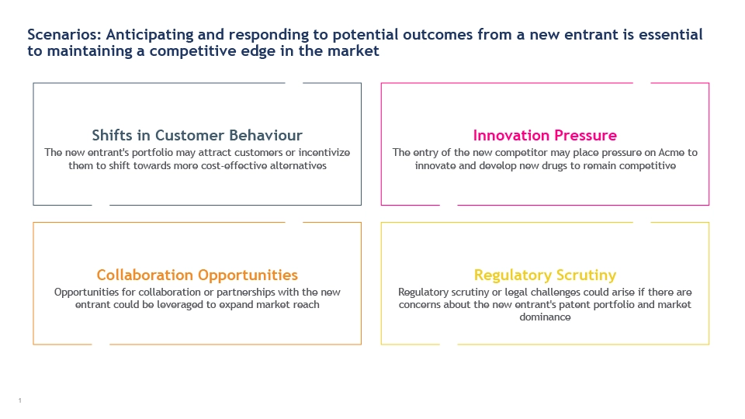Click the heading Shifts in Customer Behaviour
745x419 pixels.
pyautogui.click(x=197, y=135)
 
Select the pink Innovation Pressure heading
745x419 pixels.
pyautogui.click(x=545, y=135)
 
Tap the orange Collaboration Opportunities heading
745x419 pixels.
pyautogui.click(x=197, y=275)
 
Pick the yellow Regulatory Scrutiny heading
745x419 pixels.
pyautogui.click(x=545, y=275)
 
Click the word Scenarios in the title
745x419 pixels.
pyautogui.click(x=64, y=35)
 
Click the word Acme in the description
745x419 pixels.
pyautogui.click(x=670, y=153)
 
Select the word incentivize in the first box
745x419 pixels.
pyautogui.click(x=324, y=153)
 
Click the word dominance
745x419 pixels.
pyautogui.click(x=545, y=317)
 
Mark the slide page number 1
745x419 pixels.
pyautogui.click(x=20, y=400)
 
